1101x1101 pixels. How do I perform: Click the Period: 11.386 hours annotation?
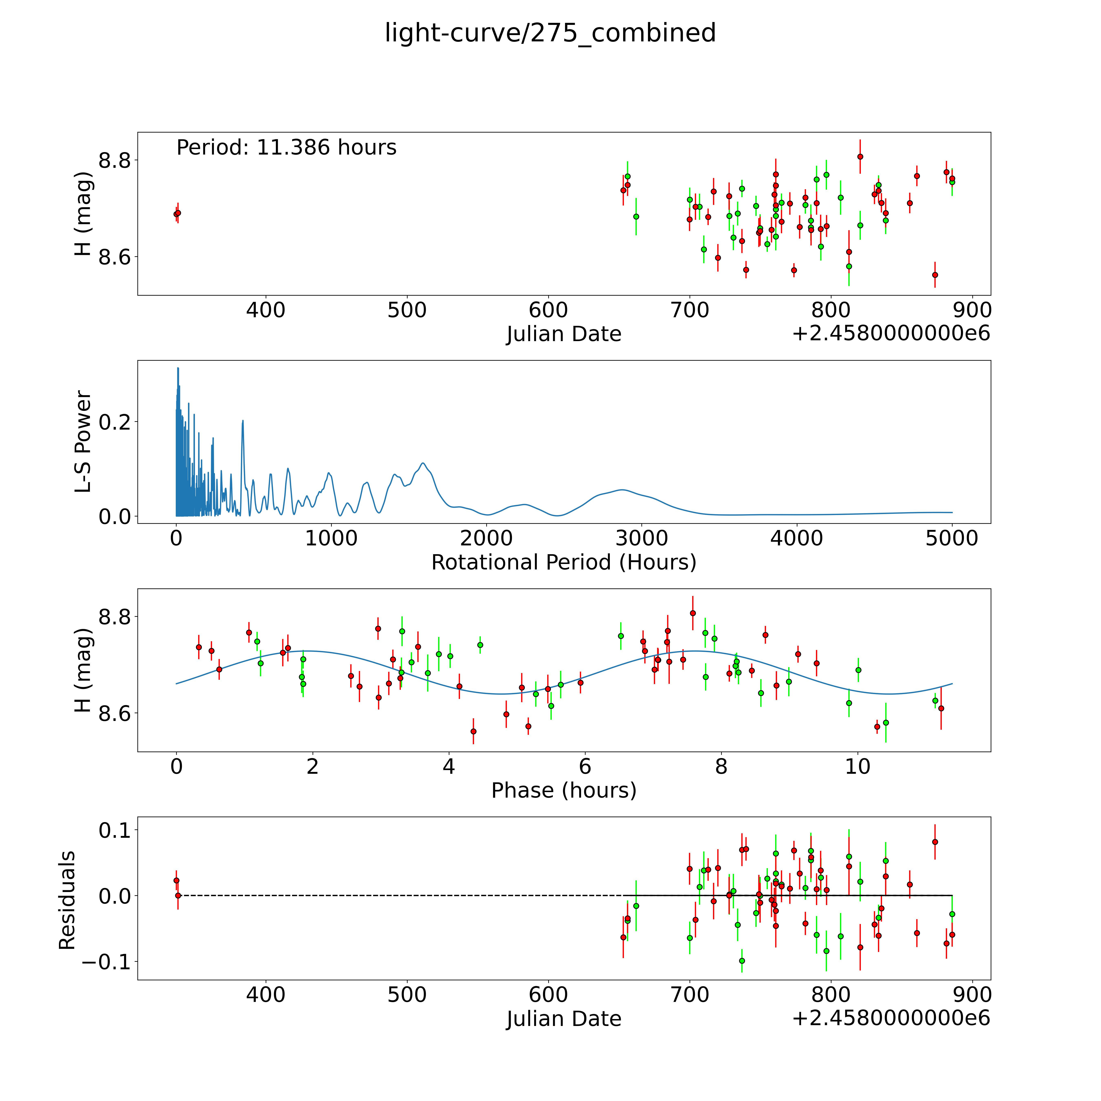tap(286, 148)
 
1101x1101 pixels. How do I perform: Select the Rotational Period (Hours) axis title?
tap(564, 563)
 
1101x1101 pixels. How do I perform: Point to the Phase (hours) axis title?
tap(564, 790)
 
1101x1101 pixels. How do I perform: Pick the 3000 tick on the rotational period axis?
tap(642, 538)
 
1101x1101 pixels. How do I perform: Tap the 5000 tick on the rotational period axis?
tap(952, 538)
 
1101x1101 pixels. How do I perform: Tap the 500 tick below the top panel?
tap(407, 311)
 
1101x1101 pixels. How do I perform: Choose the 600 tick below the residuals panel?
tap(548, 995)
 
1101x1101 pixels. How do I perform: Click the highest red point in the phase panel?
tap(692, 613)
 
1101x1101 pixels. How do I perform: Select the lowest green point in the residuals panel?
tap(741, 961)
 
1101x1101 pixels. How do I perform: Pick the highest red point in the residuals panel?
tap(935, 842)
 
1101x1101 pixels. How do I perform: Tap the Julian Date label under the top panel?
tap(564, 334)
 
